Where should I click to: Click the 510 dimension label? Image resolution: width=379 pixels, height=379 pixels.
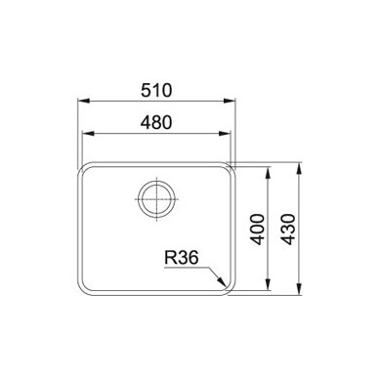[156, 90]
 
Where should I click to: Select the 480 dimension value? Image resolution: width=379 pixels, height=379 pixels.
[156, 123]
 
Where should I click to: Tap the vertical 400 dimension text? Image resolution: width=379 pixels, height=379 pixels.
[258, 230]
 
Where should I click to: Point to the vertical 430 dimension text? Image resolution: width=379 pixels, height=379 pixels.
[288, 230]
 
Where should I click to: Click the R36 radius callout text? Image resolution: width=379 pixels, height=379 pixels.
[182, 258]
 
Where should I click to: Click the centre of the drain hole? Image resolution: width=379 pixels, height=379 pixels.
[156, 198]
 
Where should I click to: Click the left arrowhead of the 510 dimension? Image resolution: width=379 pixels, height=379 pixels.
[83, 101]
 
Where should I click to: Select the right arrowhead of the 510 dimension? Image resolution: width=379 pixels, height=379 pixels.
[230, 101]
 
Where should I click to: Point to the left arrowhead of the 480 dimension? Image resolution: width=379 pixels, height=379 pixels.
[89, 134]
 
